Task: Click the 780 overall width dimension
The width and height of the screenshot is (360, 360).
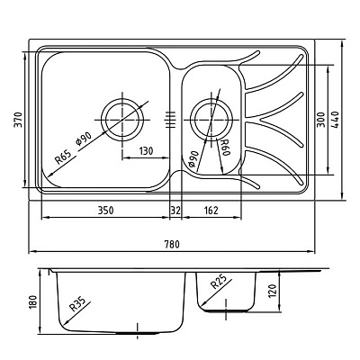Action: point(172,244)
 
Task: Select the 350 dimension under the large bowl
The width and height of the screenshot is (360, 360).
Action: point(106,211)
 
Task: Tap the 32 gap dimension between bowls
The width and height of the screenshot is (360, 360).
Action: point(175,211)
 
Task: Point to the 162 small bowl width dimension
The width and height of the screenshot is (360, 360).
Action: point(211,211)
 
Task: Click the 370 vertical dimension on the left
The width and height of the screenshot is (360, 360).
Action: point(18,120)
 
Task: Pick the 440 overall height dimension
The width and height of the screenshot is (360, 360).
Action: point(335,120)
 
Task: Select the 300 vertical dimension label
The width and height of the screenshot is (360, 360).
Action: point(321,120)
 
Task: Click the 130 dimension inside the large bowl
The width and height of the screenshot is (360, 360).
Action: point(146,151)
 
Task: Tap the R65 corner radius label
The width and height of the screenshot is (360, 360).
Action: point(63,157)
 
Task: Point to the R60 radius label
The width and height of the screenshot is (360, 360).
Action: point(225,148)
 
